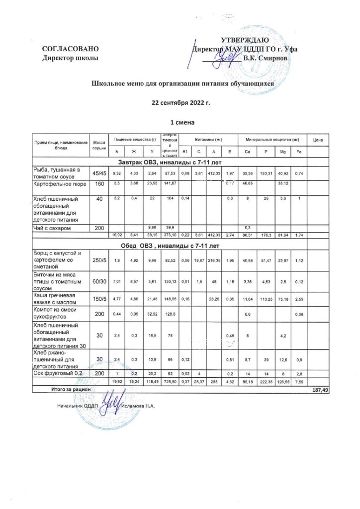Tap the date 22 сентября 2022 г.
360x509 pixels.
pos(180,103)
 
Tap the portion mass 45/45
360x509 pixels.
pos(98,172)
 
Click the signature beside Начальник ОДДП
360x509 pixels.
pos(108,404)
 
